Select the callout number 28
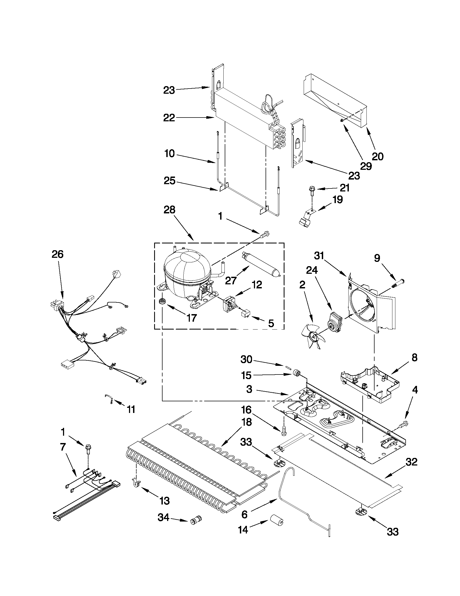(x=169, y=210)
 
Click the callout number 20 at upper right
(x=378, y=156)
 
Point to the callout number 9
(x=377, y=258)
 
